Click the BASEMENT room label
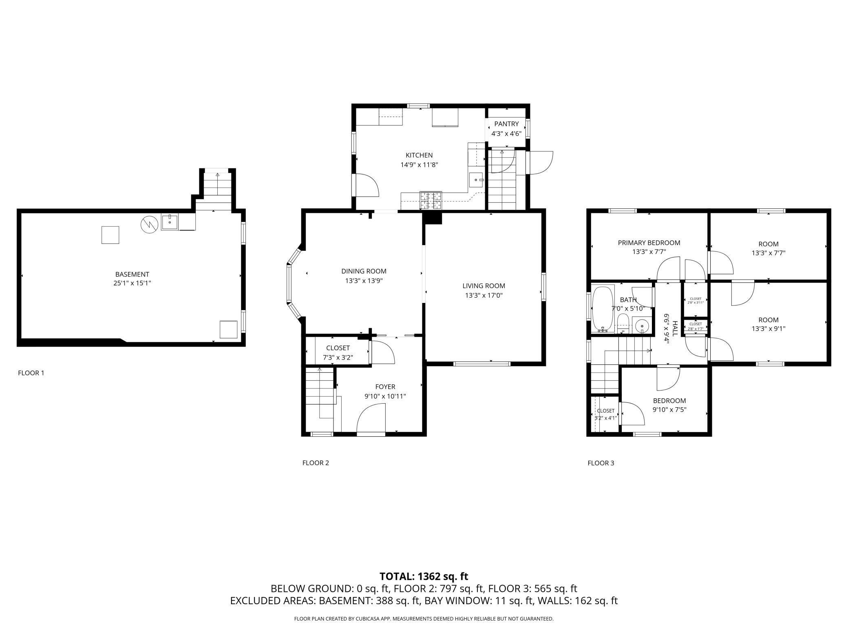coord(132,274)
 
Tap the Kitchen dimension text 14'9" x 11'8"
coord(419,165)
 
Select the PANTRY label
coord(506,124)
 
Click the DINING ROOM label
coord(364,271)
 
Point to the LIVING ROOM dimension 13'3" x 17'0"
coord(484,296)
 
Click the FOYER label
coord(385,387)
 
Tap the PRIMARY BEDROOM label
coord(649,243)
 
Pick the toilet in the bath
coord(623,322)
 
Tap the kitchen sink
coord(476,179)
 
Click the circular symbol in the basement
coord(149,225)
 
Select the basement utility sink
coord(169,222)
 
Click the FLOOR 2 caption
coord(316,463)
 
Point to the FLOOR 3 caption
coord(601,463)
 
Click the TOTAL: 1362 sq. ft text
coord(424,576)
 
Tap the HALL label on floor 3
coord(675,329)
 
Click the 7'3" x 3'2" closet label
coord(338,358)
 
